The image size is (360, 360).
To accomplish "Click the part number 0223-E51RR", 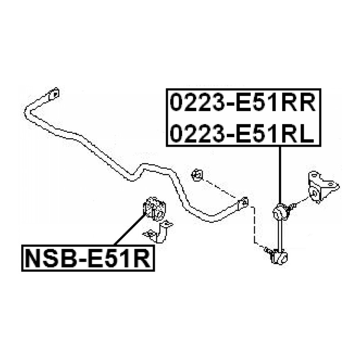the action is pos(243,103).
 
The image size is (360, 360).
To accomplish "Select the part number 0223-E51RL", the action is pos(242,134).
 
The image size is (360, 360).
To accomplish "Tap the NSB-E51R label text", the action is pos(88,258).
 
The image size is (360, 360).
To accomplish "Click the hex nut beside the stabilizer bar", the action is pos(197,175).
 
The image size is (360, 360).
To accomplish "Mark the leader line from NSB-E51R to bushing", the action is pos(130,229).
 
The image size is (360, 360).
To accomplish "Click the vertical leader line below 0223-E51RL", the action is pos(280,175).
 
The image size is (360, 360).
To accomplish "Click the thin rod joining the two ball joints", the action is pos(279,234).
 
